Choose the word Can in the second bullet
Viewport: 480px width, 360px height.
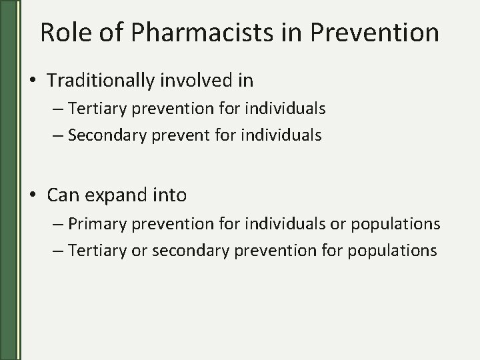pyautogui.click(x=62, y=195)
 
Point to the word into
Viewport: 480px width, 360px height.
pyautogui.click(x=171, y=195)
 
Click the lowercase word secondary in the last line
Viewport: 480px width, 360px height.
pyautogui.click(x=188, y=250)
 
